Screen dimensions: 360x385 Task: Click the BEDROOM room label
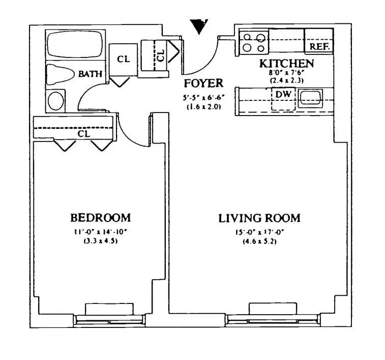(100, 218)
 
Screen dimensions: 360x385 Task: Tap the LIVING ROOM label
(259, 218)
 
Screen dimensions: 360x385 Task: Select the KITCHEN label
(286, 64)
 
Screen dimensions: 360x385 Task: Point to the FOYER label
(203, 84)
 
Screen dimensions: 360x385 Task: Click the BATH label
(90, 74)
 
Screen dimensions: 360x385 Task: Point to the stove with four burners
(254, 43)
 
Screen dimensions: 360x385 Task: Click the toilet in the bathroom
(60, 73)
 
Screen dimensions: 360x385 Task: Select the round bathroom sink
(56, 100)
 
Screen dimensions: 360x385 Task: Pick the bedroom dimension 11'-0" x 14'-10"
(100, 232)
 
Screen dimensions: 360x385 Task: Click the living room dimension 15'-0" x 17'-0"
(259, 233)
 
